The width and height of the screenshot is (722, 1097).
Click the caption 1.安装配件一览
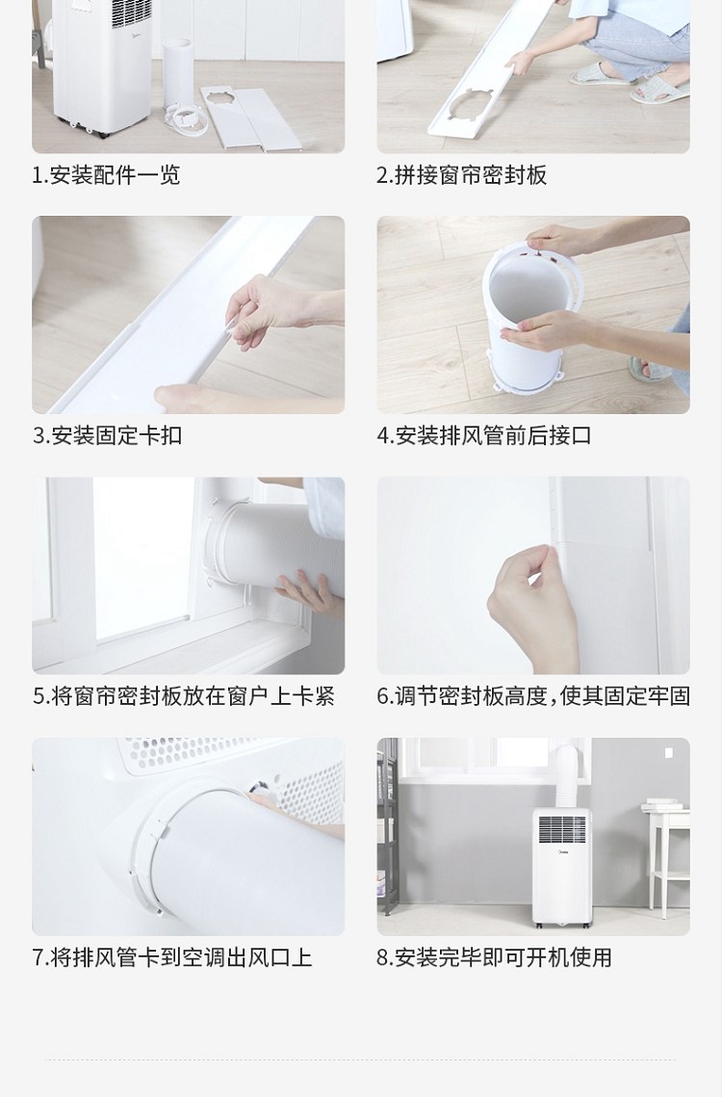tap(106, 175)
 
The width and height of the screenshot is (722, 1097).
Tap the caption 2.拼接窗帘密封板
tap(462, 175)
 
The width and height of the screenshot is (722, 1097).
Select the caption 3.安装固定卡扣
tap(107, 435)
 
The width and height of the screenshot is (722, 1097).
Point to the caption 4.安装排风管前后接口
tap(484, 435)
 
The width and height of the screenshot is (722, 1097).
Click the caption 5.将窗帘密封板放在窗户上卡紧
tap(183, 696)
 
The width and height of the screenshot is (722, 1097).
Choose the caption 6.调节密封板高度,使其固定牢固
tap(534, 696)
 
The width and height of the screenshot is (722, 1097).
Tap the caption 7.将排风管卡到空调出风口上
tap(172, 957)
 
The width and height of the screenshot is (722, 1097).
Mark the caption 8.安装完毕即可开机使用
tap(495, 957)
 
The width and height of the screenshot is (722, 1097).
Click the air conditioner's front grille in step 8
tap(562, 830)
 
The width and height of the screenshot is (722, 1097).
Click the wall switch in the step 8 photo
tap(668, 753)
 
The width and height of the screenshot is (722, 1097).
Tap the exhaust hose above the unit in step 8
tap(567, 776)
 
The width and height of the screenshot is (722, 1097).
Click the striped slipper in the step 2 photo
tap(659, 91)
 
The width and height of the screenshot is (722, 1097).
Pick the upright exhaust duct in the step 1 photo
tap(177, 73)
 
